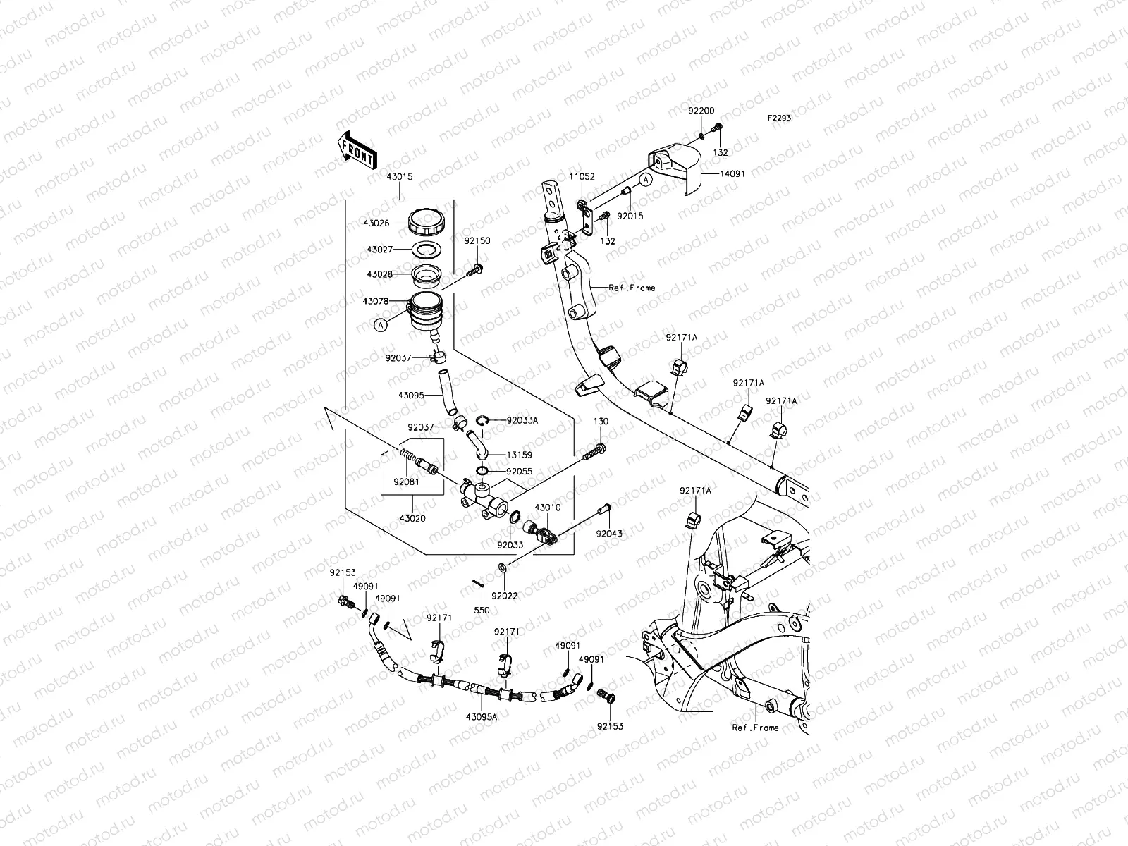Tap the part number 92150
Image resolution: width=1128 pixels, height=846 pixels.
click(x=477, y=241)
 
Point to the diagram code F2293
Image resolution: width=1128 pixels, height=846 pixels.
click(x=780, y=118)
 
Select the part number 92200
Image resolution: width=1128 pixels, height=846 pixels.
click(x=701, y=111)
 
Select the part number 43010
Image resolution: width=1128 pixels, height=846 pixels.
click(x=547, y=508)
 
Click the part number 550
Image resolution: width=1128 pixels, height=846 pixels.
click(x=482, y=611)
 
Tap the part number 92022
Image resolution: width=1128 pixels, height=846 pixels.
click(x=505, y=596)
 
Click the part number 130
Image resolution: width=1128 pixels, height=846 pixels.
click(x=601, y=422)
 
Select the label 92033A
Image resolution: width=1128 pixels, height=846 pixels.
click(x=522, y=420)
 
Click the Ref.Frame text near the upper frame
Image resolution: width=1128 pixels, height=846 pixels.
click(x=632, y=288)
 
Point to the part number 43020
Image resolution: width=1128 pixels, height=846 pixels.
click(x=413, y=519)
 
